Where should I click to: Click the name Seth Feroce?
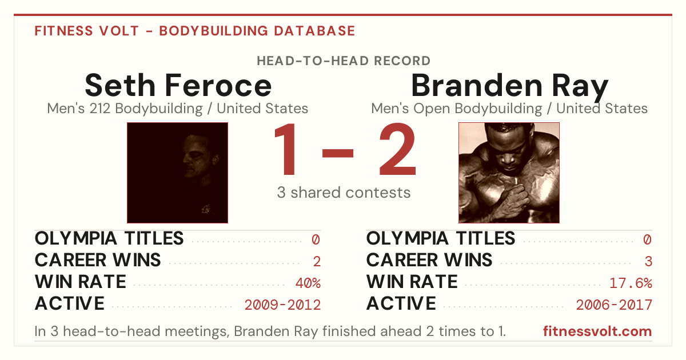(178, 85)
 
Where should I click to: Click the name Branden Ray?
(509, 87)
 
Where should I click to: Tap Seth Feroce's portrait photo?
(177, 173)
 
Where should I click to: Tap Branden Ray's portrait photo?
(509, 173)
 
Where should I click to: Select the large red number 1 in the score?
(285, 149)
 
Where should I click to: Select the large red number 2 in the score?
(397, 149)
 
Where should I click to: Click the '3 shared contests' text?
(344, 193)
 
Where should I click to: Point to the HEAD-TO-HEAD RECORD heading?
(344, 61)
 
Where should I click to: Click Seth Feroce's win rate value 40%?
(308, 283)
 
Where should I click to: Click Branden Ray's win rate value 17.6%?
(631, 283)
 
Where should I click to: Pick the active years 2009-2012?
(282, 305)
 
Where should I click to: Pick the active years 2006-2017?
(614, 305)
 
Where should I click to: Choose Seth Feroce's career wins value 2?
(317, 261)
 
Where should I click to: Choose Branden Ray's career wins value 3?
(648, 261)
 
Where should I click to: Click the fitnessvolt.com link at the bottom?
(597, 331)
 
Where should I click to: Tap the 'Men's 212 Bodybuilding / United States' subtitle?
(177, 109)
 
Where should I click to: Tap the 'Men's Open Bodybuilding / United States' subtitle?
(509, 109)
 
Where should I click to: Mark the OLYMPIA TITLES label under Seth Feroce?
(109, 238)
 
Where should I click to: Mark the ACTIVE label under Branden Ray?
(401, 303)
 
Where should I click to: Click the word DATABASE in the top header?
(314, 31)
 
